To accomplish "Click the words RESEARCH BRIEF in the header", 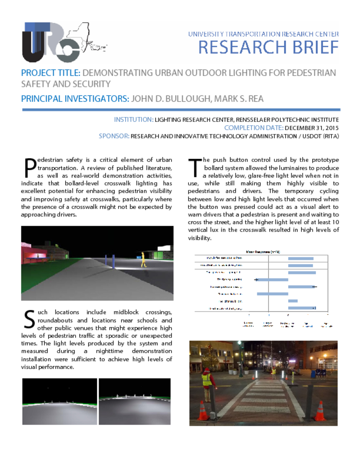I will [269, 47].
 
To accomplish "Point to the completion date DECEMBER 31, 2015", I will [312, 128].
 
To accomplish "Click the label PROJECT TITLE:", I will [51, 73].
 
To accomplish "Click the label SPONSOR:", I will [114, 136].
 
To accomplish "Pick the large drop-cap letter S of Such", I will [28, 319].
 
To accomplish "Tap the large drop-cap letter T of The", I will [194, 167].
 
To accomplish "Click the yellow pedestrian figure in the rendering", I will [144, 259].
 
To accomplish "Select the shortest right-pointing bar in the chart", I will [293, 301].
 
